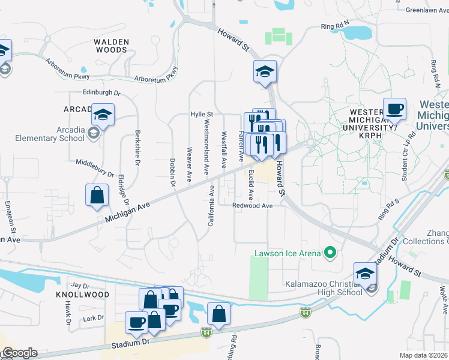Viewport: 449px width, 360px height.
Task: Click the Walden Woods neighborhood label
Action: (x=111, y=45)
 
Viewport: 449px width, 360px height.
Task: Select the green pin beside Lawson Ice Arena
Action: (x=328, y=253)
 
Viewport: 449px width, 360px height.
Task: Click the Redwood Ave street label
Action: (x=253, y=206)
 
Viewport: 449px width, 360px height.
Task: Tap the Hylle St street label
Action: (x=202, y=113)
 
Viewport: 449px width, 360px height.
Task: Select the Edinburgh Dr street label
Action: (x=102, y=94)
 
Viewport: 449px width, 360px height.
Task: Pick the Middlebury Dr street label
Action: (x=95, y=168)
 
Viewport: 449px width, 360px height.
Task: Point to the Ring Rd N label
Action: (x=335, y=26)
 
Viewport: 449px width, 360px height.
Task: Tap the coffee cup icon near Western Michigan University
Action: (x=394, y=110)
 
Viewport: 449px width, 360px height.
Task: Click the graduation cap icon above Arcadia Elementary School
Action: (x=103, y=115)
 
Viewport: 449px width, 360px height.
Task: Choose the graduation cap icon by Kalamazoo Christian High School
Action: (x=364, y=274)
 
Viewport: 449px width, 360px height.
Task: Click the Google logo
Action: (x=20, y=353)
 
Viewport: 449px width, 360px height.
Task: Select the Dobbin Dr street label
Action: (x=173, y=172)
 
